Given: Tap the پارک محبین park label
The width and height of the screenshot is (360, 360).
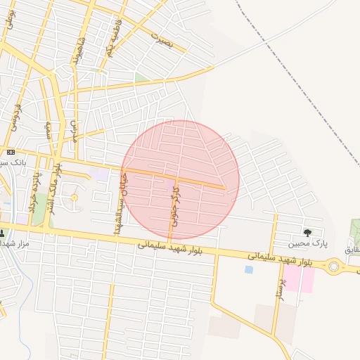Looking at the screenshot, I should click(x=308, y=244).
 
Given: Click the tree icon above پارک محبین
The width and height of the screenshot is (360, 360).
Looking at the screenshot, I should click(x=307, y=233).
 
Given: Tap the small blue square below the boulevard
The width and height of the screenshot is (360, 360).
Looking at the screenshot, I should click(x=248, y=269).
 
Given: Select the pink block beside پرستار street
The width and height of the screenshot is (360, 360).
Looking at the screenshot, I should click(x=300, y=279).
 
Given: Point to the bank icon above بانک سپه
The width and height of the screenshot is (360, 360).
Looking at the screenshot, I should click(x=11, y=152).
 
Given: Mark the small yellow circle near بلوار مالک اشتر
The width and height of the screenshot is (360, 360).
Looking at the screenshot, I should click(x=74, y=198).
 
